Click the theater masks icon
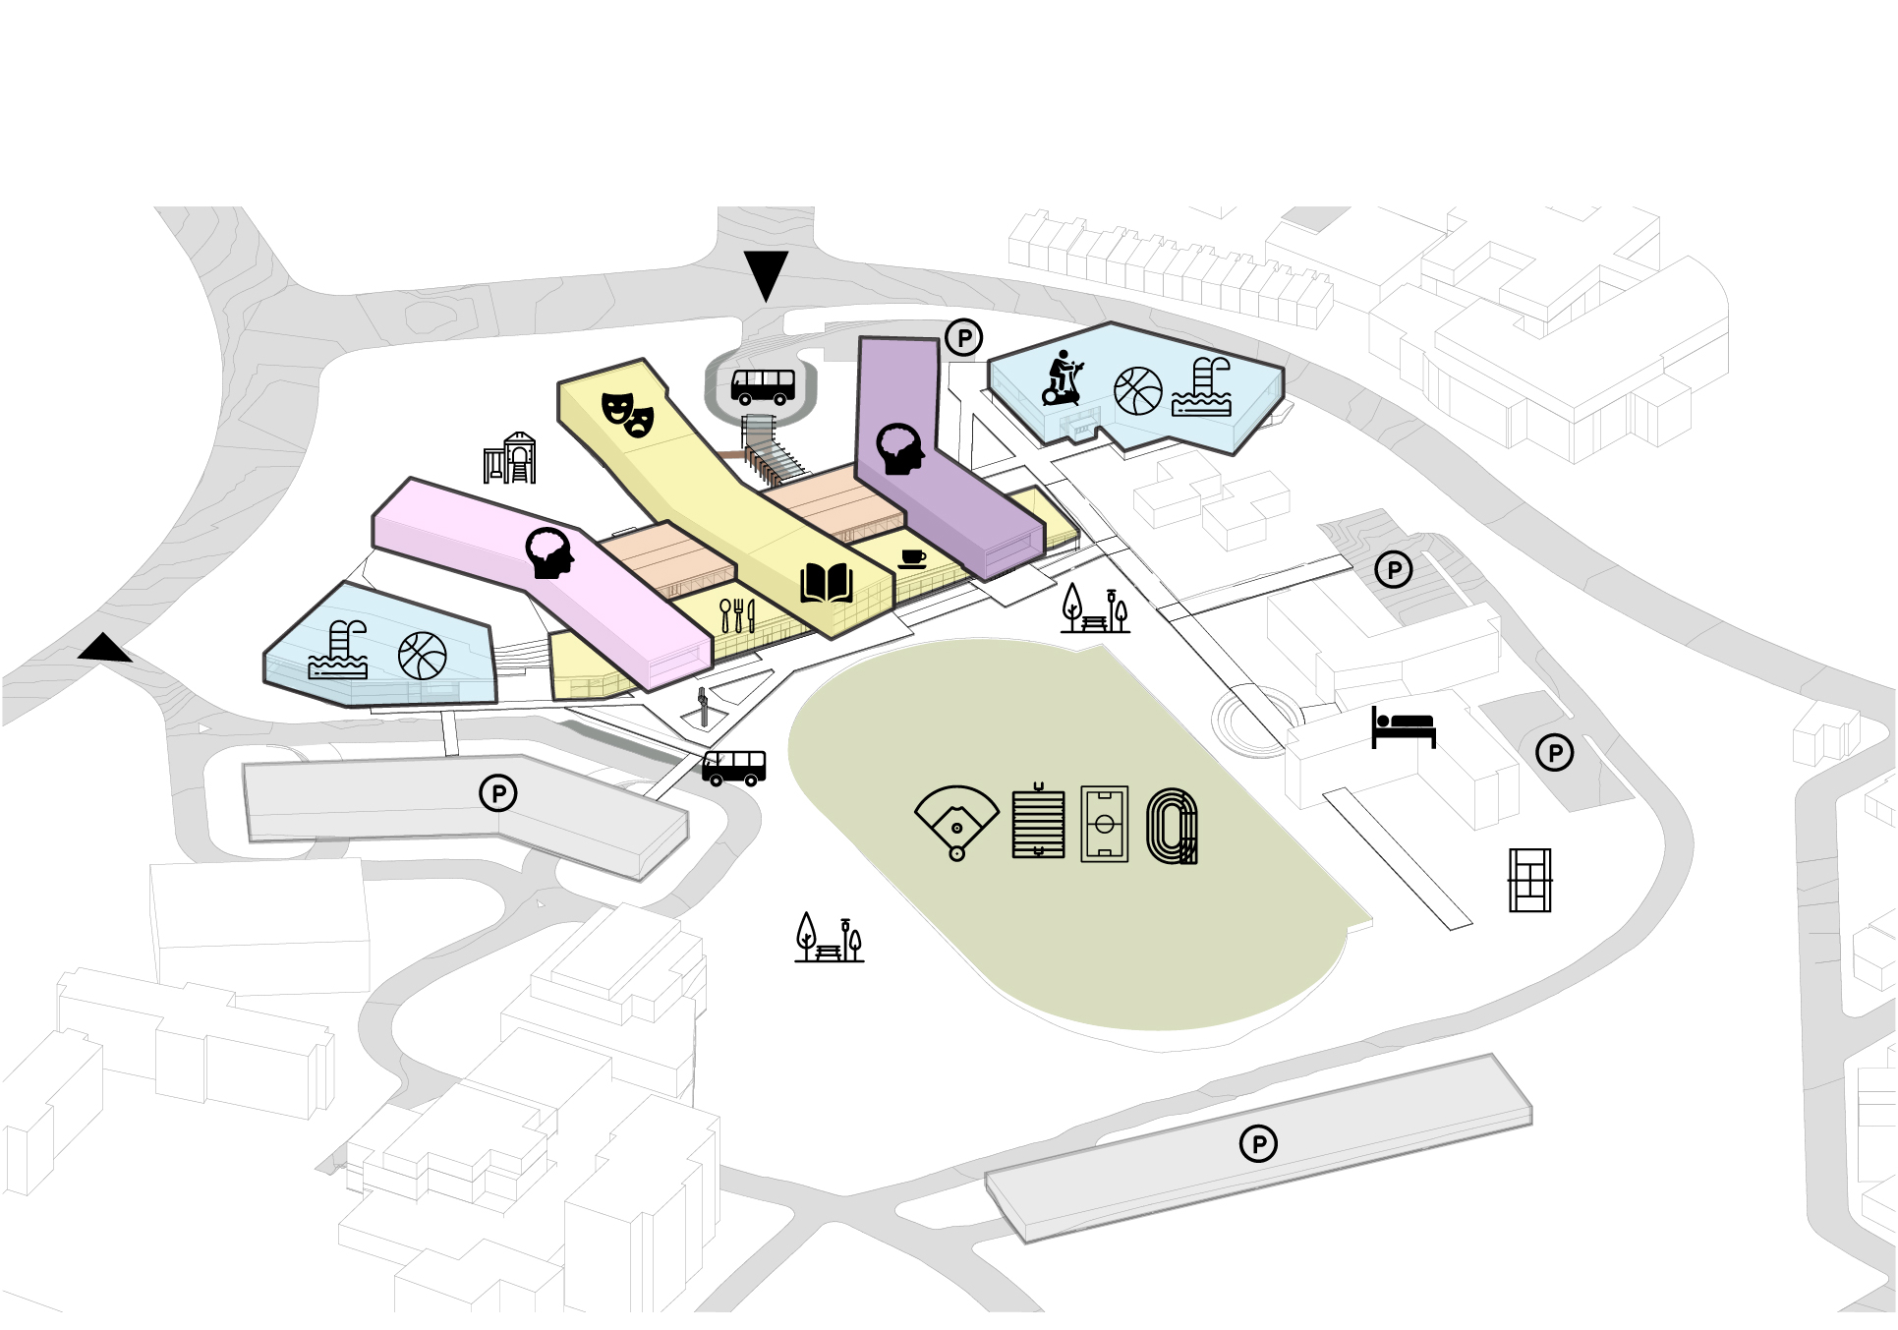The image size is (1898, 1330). click(628, 414)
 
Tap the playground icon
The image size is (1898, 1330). click(509, 458)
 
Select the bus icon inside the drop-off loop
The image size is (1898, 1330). click(763, 386)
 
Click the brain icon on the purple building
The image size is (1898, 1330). click(900, 449)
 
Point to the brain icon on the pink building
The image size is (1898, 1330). click(549, 552)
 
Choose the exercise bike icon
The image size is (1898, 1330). click(1063, 378)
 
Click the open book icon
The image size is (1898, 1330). click(826, 583)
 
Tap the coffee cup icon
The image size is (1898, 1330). click(912, 559)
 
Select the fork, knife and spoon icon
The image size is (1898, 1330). click(737, 615)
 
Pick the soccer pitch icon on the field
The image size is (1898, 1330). click(1104, 824)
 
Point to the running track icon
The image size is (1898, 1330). click(1173, 826)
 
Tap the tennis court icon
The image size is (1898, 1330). click(1529, 880)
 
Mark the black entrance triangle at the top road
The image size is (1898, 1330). click(766, 274)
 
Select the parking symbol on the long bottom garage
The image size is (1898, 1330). click(1258, 1143)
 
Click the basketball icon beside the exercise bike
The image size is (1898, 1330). click(1138, 391)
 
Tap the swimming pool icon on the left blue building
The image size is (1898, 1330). click(339, 651)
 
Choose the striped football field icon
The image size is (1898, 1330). click(1038, 821)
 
